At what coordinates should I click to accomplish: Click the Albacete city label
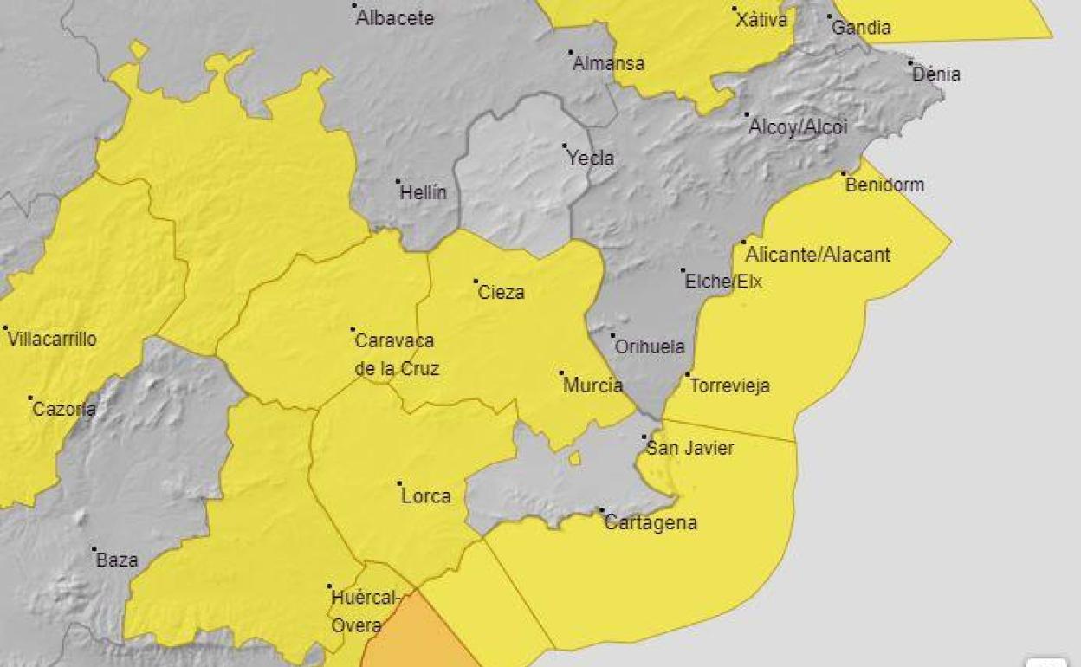pos(395,18)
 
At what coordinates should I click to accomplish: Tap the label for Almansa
pos(609,64)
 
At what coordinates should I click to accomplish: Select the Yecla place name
pos(590,159)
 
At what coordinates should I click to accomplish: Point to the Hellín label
pos(423,192)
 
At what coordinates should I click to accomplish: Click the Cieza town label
pos(501,293)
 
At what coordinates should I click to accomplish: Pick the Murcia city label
pos(592,385)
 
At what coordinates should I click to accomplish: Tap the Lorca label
pos(426,496)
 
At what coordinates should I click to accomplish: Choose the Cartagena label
pos(651,523)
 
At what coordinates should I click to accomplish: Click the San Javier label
pos(690,448)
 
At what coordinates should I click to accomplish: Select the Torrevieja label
pos(729,386)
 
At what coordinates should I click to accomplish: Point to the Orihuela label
pos(650,347)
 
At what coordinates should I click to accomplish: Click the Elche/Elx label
pos(723,282)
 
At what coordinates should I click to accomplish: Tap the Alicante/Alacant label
pos(818,255)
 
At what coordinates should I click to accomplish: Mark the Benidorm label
pos(884,185)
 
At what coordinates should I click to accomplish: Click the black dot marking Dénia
pos(911,62)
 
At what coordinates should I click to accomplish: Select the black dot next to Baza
pos(94,549)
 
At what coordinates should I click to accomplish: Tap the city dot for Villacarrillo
pos(5,328)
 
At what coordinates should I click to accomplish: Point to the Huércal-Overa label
pos(365,611)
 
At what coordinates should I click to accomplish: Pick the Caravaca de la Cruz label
pos(397,354)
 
